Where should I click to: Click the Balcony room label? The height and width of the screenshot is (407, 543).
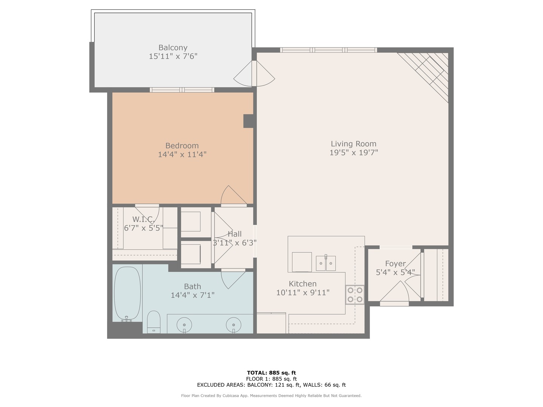(x=173, y=48)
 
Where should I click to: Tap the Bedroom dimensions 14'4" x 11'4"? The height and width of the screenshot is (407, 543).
(x=182, y=155)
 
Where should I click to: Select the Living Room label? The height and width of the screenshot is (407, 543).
(x=353, y=144)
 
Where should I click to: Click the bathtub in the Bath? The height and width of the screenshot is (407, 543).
(x=127, y=293)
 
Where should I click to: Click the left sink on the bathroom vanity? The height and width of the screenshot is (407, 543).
(x=184, y=324)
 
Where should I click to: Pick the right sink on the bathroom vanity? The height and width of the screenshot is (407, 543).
(x=233, y=324)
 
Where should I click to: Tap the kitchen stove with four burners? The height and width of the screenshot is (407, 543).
(x=355, y=295)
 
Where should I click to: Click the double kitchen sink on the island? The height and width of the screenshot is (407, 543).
(x=325, y=263)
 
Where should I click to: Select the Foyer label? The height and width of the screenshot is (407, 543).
(x=395, y=264)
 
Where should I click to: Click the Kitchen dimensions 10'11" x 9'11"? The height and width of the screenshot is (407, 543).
(x=303, y=292)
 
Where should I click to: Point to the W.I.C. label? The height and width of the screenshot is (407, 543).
(x=143, y=219)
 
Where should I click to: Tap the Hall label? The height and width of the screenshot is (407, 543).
(x=235, y=234)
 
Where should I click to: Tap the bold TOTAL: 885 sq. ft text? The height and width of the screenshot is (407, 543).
(x=271, y=373)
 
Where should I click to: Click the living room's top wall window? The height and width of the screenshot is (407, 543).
(x=328, y=50)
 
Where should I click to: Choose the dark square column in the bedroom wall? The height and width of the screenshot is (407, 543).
(x=248, y=121)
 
